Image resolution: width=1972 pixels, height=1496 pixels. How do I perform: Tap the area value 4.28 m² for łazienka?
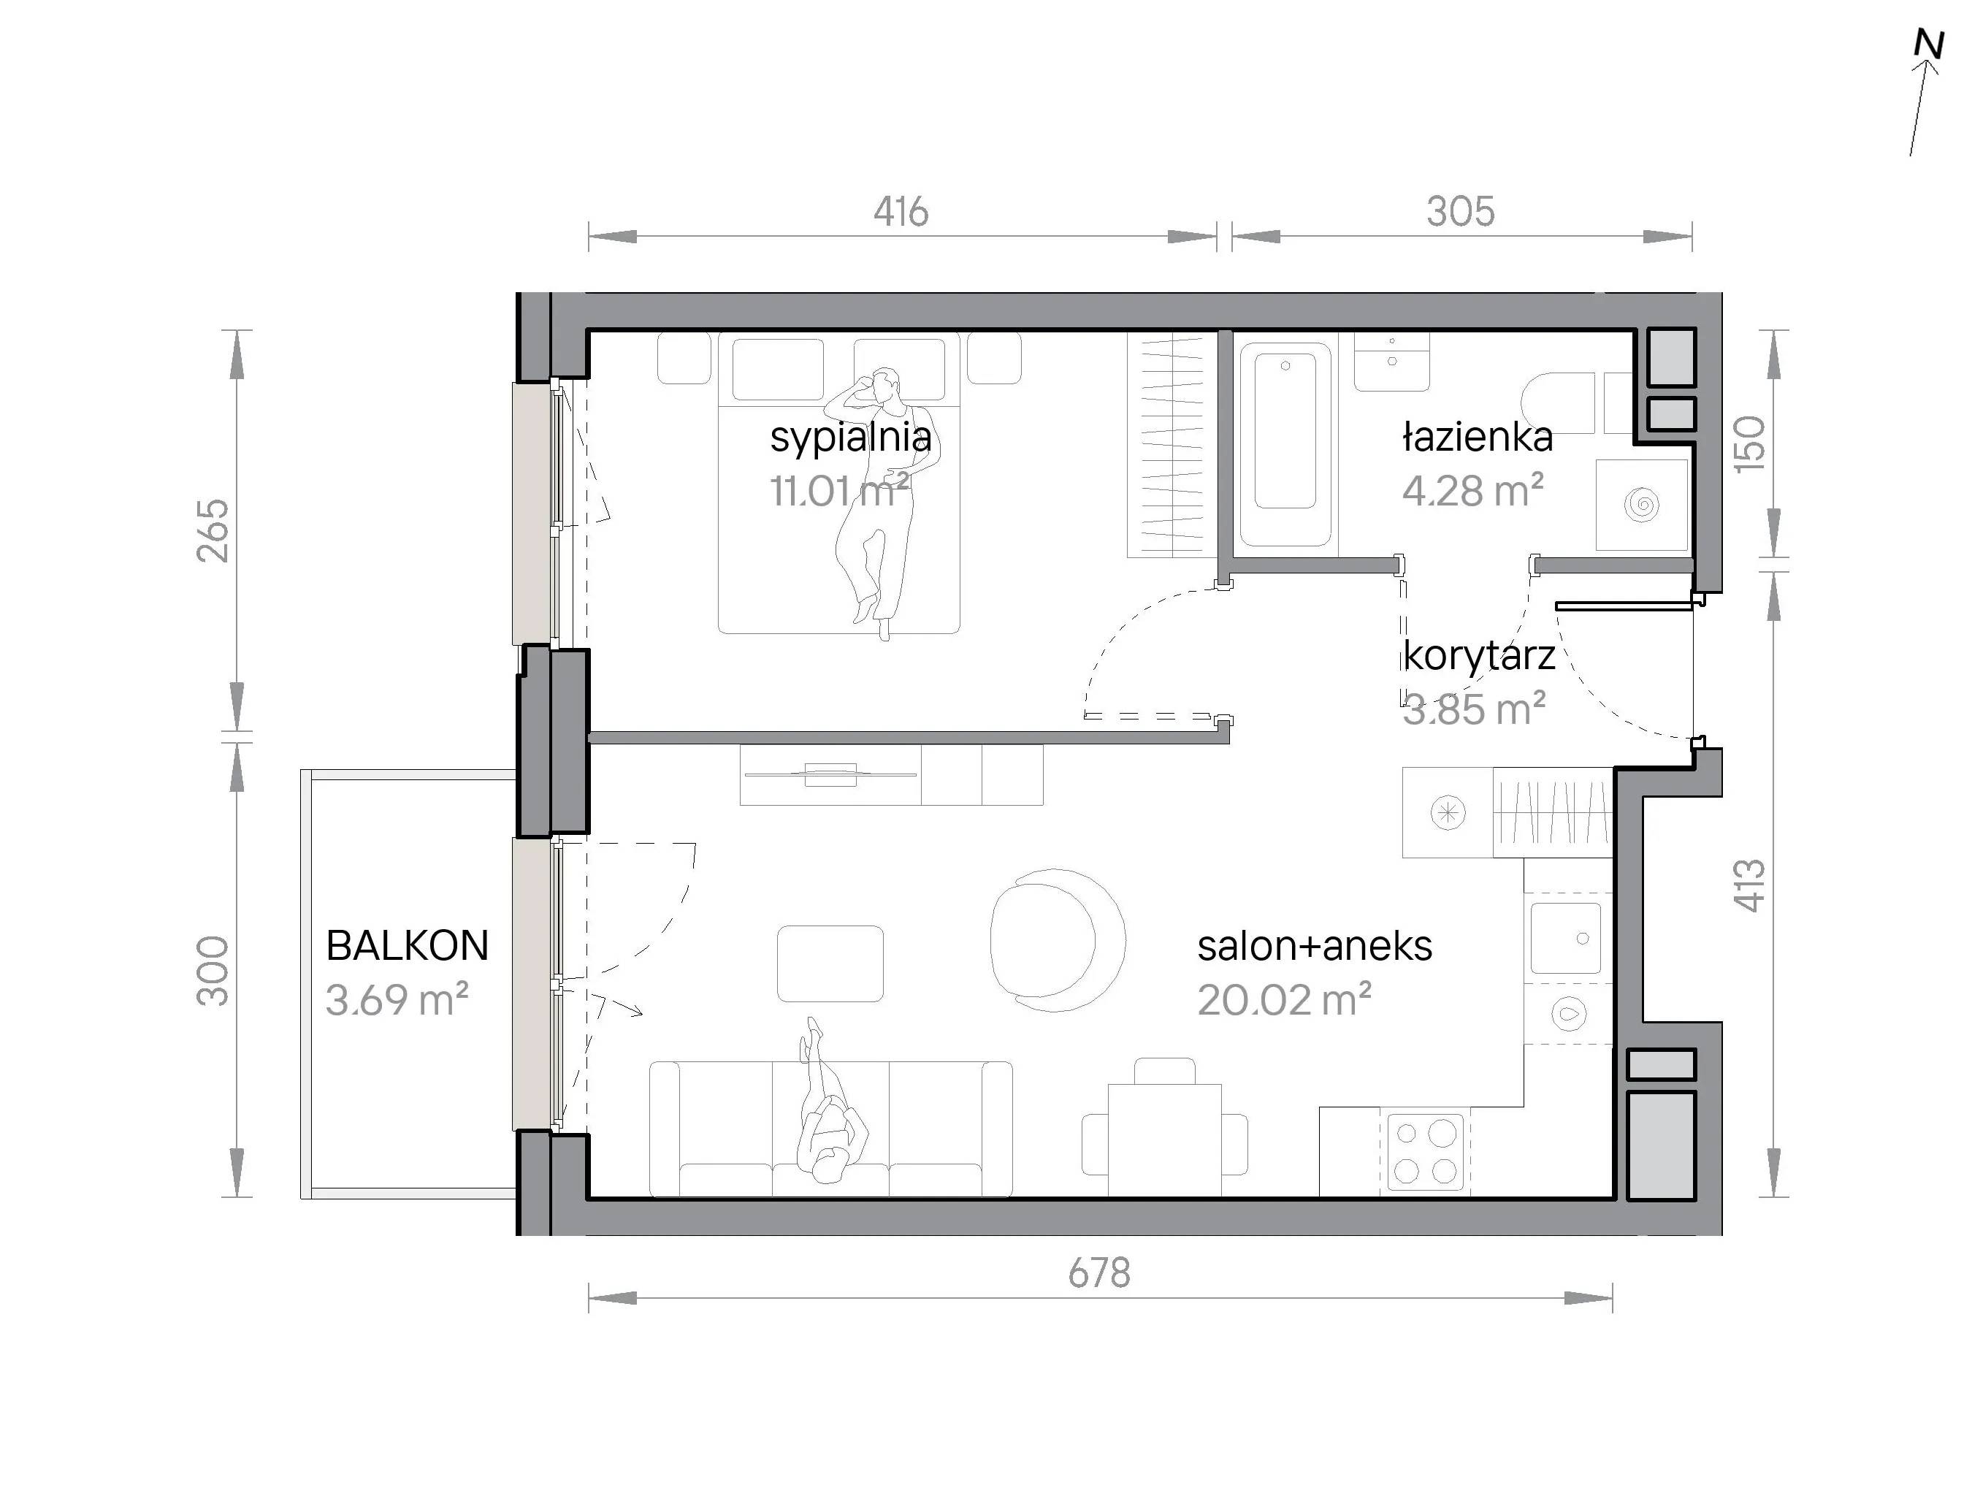pos(1472,490)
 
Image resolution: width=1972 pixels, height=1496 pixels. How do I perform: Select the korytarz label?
pos(1479,656)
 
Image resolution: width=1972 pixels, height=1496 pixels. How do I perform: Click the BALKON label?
pos(408,946)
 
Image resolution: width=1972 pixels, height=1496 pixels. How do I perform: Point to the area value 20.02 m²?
pos(1284,999)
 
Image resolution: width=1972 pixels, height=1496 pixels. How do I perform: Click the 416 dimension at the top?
pos(901,211)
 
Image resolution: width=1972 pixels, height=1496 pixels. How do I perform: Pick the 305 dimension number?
pos(1460,211)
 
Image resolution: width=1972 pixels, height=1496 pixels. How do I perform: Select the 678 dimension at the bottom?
pos(1099,1272)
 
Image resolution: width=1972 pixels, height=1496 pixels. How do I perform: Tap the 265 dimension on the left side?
pos(213,530)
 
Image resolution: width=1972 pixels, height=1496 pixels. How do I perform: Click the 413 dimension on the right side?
pos(1749,885)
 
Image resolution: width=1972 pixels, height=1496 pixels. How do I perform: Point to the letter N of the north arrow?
pos(1928,45)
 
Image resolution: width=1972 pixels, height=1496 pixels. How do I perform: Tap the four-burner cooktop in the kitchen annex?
pos(1425,1152)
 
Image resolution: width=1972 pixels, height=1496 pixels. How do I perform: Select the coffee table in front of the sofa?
pos(830,963)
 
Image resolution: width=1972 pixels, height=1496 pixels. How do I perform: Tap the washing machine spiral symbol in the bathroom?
pos(1641,505)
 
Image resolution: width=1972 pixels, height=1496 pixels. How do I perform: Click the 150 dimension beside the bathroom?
pos(1749,444)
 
